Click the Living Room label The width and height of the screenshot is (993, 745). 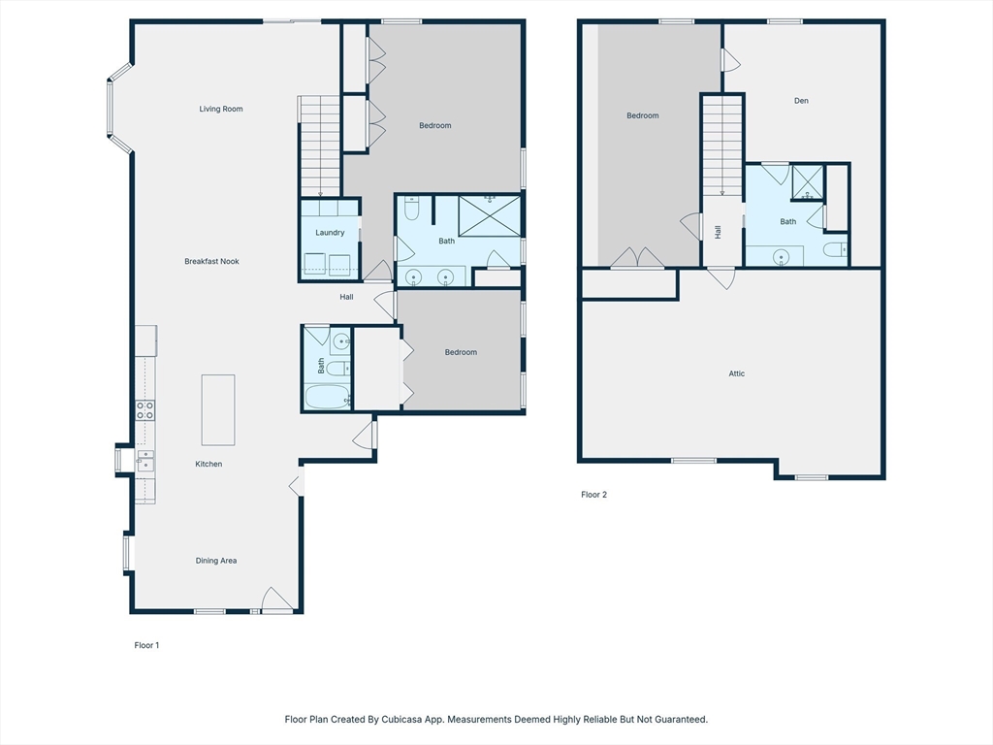pyautogui.click(x=221, y=109)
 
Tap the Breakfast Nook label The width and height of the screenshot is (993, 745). pyautogui.click(x=212, y=261)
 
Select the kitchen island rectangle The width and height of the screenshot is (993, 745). pyautogui.click(x=217, y=409)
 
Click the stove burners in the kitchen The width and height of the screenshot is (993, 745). pyautogui.click(x=144, y=409)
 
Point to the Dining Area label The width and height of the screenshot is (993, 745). pyautogui.click(x=216, y=561)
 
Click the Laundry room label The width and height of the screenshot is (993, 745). pyautogui.click(x=330, y=233)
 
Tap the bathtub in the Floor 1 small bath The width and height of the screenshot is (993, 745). pyautogui.click(x=326, y=398)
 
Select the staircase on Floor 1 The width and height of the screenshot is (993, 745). pyautogui.click(x=319, y=146)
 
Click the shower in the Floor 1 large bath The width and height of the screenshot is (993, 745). pyautogui.click(x=489, y=214)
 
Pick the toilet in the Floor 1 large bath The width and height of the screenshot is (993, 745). pyautogui.click(x=411, y=209)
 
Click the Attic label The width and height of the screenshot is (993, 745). pyautogui.click(x=737, y=373)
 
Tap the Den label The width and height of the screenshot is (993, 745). pyautogui.click(x=801, y=101)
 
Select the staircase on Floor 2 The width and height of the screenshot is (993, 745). pyautogui.click(x=722, y=146)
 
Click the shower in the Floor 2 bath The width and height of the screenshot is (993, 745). pyautogui.click(x=807, y=182)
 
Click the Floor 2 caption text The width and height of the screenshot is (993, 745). pyautogui.click(x=593, y=495)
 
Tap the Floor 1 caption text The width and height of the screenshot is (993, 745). pyautogui.click(x=146, y=645)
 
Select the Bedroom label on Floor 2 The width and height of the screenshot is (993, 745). pyautogui.click(x=642, y=116)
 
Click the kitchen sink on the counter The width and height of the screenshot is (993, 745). pyautogui.click(x=144, y=459)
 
